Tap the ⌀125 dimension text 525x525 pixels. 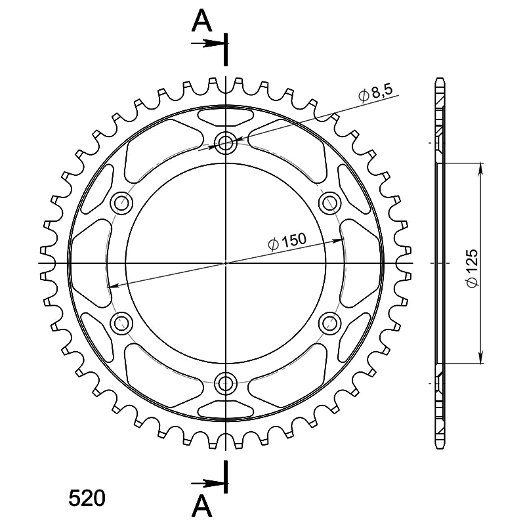point(472,268)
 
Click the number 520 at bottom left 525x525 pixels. point(87,498)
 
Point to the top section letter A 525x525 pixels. point(202,20)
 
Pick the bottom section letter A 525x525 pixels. point(202,505)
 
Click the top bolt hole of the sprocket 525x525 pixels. point(226,143)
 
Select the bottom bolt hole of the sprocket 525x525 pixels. point(226,383)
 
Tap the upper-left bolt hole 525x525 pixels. point(121,203)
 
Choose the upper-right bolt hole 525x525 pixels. point(330,203)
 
